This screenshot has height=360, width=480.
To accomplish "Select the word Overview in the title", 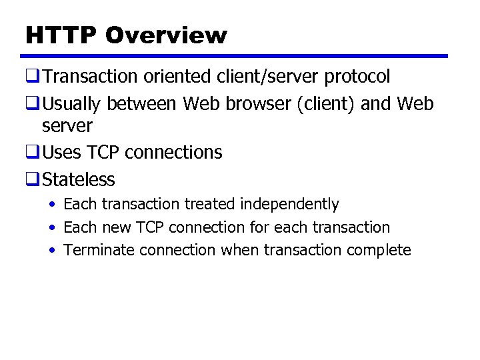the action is pyautogui.click(x=166, y=35).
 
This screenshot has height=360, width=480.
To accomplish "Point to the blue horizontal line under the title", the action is pyautogui.click(x=237, y=56).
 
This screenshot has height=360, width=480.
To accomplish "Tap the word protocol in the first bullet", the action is pyautogui.click(x=357, y=77).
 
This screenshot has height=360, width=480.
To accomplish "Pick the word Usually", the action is pyautogui.click(x=72, y=104).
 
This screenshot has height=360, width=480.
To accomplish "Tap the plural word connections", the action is pyautogui.click(x=173, y=153).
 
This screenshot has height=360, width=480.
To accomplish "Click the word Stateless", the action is pyautogui.click(x=79, y=179).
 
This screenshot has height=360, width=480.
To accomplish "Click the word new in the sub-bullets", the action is pyautogui.click(x=116, y=227).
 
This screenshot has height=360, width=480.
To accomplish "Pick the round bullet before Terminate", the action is pyautogui.click(x=51, y=250).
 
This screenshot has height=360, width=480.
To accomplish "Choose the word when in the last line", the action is pyautogui.click(x=240, y=250).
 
